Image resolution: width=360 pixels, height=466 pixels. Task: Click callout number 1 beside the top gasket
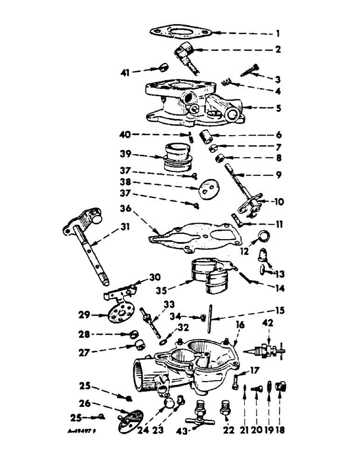pos(278,33)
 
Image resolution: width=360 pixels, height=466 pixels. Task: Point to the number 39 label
pos(139,154)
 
